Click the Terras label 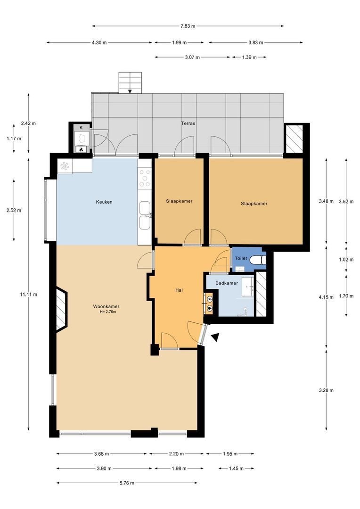(188, 123)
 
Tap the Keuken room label (104, 202)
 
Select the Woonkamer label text (106, 306)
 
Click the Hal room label (179, 290)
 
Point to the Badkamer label (226, 283)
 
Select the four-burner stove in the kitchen (145, 178)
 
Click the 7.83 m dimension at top (188, 26)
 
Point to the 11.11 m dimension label (28, 295)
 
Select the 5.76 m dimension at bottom (126, 483)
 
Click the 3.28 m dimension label (326, 390)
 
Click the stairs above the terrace (130, 82)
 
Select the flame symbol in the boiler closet (81, 149)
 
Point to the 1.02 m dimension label (346, 259)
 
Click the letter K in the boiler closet (81, 128)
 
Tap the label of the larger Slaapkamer (254, 204)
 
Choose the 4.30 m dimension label (99, 43)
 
